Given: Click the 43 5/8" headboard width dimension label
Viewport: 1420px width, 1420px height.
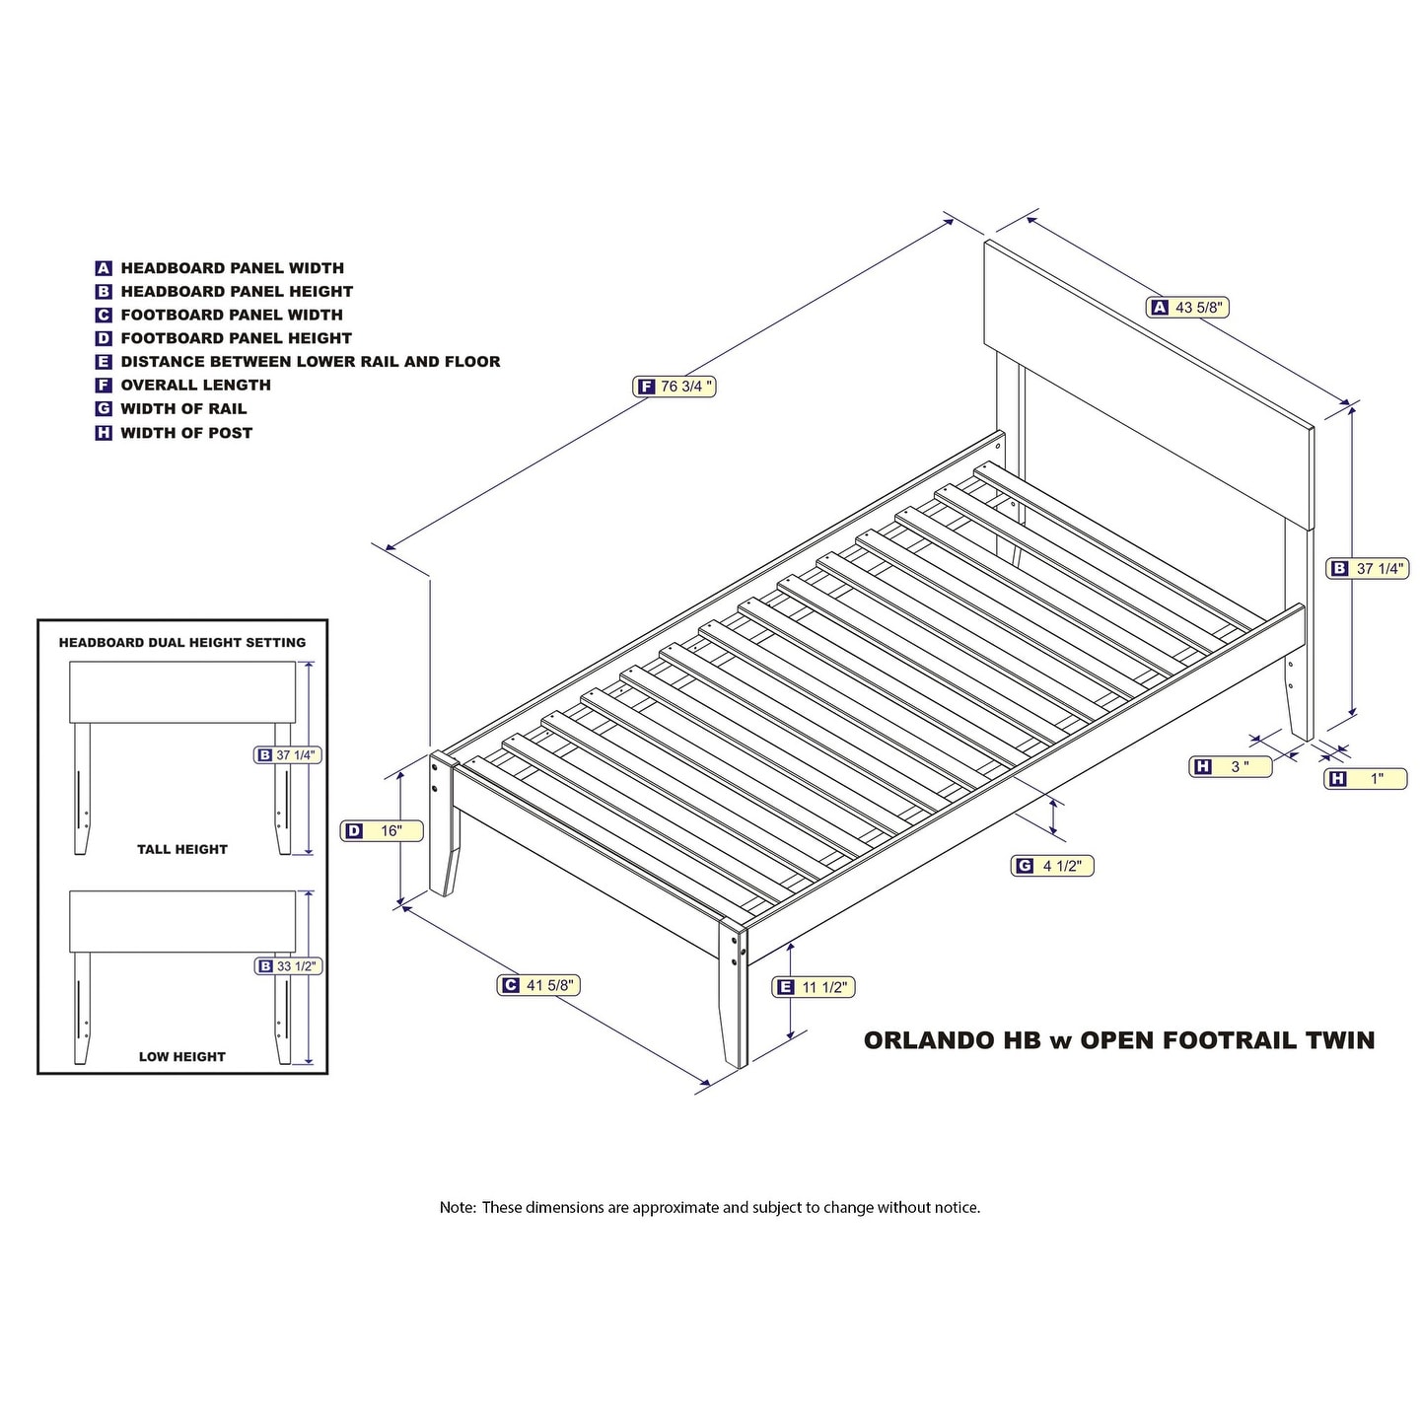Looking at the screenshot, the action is (1187, 308).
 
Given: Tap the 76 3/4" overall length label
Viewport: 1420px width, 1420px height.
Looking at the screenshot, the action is (674, 387).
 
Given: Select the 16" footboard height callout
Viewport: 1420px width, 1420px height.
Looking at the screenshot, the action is (381, 831).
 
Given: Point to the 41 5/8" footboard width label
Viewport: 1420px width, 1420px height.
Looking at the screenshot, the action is (538, 985).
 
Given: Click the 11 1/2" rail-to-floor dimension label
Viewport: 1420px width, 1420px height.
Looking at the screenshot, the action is (813, 987).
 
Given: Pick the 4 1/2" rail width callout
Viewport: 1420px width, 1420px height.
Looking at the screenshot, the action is (1051, 866).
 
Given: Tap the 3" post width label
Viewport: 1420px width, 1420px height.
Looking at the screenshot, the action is (1231, 766).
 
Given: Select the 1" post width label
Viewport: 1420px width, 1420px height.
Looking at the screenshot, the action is (1366, 779).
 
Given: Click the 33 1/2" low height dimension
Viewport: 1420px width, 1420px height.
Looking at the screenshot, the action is (288, 966).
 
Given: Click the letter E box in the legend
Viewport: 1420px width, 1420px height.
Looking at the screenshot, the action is (104, 362).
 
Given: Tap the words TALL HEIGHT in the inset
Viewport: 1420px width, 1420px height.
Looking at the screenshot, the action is (182, 850).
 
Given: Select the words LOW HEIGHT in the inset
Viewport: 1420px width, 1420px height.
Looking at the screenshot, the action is (182, 1057).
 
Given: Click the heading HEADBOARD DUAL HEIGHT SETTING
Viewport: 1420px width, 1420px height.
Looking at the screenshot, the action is (182, 643).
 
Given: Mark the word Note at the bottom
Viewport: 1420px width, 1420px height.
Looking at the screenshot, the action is (458, 1208).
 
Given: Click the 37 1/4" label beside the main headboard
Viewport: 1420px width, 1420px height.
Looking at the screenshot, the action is (1368, 568).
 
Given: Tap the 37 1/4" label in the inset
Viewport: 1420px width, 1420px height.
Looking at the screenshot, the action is (288, 755).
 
